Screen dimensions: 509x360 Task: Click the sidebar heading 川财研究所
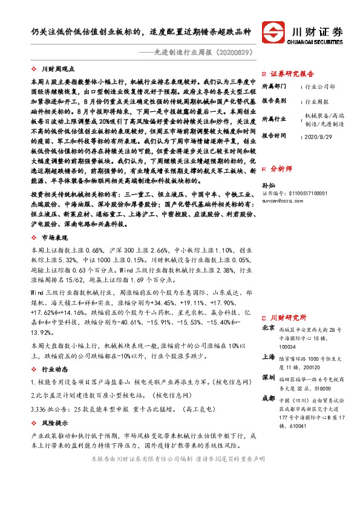(288, 317)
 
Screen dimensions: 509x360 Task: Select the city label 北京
(268, 329)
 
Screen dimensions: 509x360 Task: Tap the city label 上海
(268, 357)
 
